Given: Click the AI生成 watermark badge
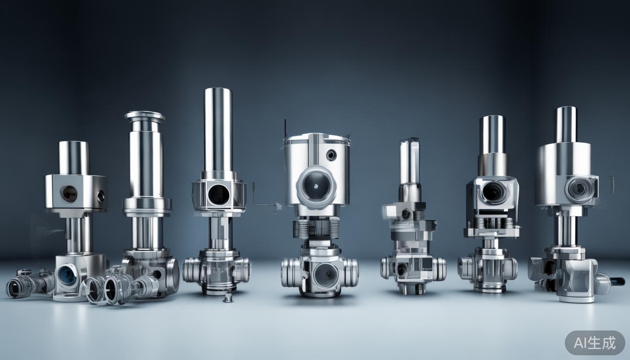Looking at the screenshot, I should pos(595,343).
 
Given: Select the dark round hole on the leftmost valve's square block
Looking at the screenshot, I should pos(68,194).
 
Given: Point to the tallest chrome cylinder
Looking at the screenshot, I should pos(218,129).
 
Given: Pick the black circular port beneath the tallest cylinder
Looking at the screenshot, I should pos(218,195).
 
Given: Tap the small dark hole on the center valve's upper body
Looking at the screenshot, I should pos(331,155).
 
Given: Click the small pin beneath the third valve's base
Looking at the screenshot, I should pos(229,297).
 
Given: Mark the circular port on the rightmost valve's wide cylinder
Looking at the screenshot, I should pos(579,188).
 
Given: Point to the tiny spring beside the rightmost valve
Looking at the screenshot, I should pos(612,184).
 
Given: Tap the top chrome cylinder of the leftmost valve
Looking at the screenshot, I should pos(74,157).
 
